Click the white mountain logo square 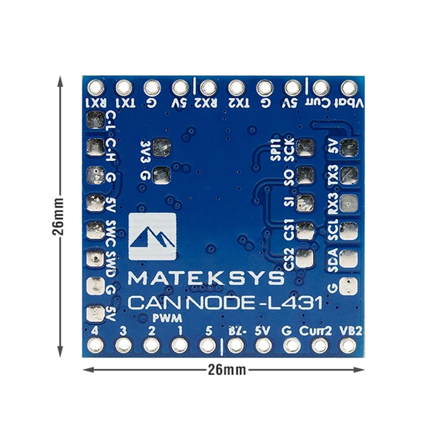(x=152, y=237)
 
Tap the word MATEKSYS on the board (x=206, y=278)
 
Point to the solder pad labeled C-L (x=95, y=119)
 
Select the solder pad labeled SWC (x=95, y=230)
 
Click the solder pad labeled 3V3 (x=162, y=147)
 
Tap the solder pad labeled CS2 (x=305, y=258)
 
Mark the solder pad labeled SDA (x=347, y=258)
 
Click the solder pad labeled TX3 (x=347, y=175)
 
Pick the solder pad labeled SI (x=305, y=203)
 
